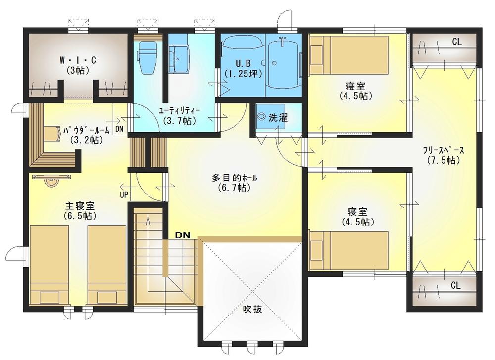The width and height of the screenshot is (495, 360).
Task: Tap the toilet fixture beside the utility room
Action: click(x=148, y=57)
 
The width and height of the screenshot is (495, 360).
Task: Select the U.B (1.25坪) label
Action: click(x=244, y=68)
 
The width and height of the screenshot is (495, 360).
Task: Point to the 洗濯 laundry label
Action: click(x=278, y=118)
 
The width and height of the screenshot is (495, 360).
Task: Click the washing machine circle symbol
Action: click(x=262, y=116)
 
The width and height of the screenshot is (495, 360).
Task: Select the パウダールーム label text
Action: click(x=86, y=130)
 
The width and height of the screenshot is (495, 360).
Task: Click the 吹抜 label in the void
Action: click(x=252, y=309)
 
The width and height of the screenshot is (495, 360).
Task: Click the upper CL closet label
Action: click(x=457, y=42)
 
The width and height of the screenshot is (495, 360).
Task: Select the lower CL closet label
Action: click(x=455, y=286)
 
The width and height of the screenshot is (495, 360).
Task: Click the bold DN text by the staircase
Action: click(x=183, y=235)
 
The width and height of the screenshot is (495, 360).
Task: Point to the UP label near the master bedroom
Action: click(x=124, y=195)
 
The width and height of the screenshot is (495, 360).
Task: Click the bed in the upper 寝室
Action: click(x=348, y=55)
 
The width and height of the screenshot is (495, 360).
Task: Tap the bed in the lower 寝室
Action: click(x=348, y=251)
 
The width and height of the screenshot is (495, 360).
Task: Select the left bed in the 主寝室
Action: click(x=49, y=265)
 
